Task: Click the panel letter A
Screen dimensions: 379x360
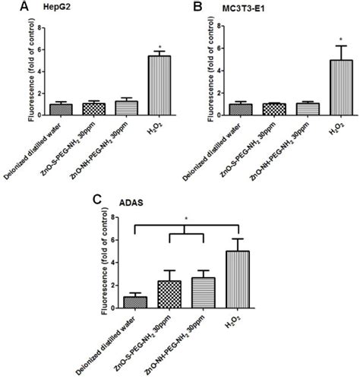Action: click(x=7, y=7)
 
